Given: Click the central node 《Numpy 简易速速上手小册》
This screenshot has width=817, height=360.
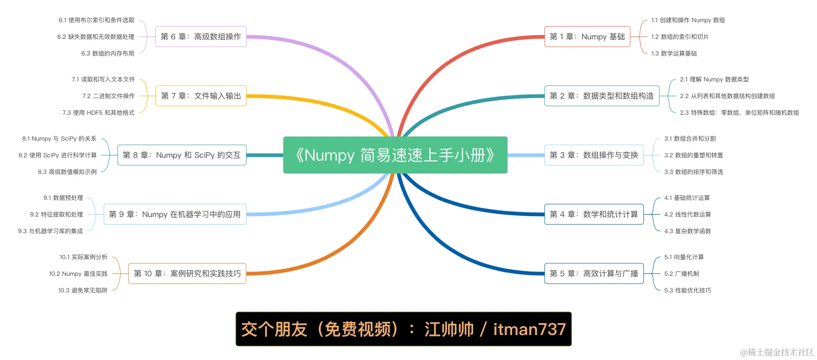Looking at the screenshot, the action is tap(395, 155).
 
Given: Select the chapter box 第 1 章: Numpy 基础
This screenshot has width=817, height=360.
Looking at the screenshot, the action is tap(587, 37).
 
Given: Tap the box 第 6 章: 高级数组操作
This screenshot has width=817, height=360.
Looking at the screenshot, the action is tap(200, 37).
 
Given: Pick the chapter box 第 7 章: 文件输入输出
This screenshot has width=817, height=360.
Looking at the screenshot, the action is tap(201, 96).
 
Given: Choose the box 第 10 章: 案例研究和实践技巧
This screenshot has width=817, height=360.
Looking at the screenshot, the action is tap(187, 273).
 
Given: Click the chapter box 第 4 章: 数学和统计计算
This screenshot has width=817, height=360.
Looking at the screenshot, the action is tap(594, 214).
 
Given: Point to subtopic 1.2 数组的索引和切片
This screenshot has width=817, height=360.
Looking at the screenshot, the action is tap(680, 37).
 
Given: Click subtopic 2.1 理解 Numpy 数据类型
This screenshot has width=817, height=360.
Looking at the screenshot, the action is tap(714, 79).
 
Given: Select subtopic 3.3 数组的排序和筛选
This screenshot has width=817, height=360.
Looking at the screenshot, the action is tap(693, 172).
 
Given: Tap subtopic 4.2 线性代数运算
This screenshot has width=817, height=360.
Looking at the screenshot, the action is tap(687, 214).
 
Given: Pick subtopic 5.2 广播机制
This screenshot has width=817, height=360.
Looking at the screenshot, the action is tap(681, 273).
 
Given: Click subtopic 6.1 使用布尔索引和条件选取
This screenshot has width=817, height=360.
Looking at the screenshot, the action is tap(96, 20).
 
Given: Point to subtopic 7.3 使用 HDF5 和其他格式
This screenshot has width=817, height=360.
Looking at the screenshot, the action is tap(98, 112).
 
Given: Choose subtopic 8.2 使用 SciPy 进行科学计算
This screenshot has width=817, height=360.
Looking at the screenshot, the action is tap(57, 155).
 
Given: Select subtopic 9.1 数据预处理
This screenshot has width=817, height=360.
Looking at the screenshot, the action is tap(63, 198).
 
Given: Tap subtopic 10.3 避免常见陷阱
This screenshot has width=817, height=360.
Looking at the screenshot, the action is tap(82, 290).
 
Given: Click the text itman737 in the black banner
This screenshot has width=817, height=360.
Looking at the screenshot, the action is tap(529, 329).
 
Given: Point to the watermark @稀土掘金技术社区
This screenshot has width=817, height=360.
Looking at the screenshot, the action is tap(777, 352).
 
